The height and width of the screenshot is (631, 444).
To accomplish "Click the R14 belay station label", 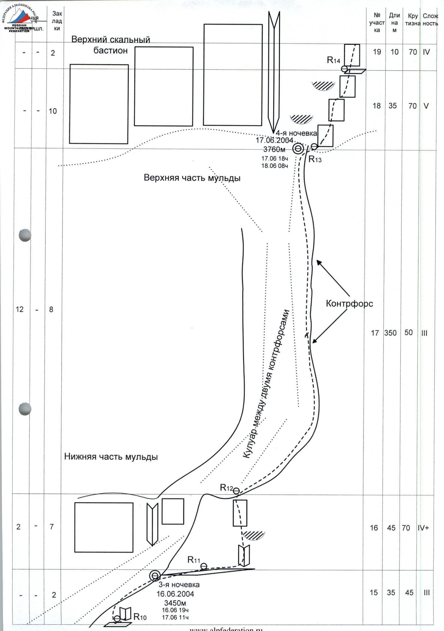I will click(x=333, y=60).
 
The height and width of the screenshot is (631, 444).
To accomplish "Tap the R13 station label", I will click(x=315, y=159).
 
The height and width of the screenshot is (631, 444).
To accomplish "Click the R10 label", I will click(x=140, y=615).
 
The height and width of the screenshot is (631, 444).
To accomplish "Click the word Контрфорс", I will click(x=349, y=304).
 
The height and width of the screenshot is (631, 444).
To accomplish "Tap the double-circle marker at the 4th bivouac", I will click(x=298, y=149).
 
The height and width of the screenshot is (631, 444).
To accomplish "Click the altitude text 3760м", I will click(x=274, y=149).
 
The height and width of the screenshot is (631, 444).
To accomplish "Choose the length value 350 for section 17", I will click(x=390, y=333).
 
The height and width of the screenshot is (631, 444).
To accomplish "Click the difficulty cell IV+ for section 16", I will click(x=423, y=528).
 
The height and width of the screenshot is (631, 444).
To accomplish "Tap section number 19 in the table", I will click(x=377, y=52).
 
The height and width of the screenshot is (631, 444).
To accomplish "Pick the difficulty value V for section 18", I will click(x=426, y=106).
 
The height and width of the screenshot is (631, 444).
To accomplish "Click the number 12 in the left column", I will click(x=20, y=309).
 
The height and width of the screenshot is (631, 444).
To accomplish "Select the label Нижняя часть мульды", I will click(x=111, y=457).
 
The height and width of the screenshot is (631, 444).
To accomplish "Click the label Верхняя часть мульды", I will click(x=192, y=178).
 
